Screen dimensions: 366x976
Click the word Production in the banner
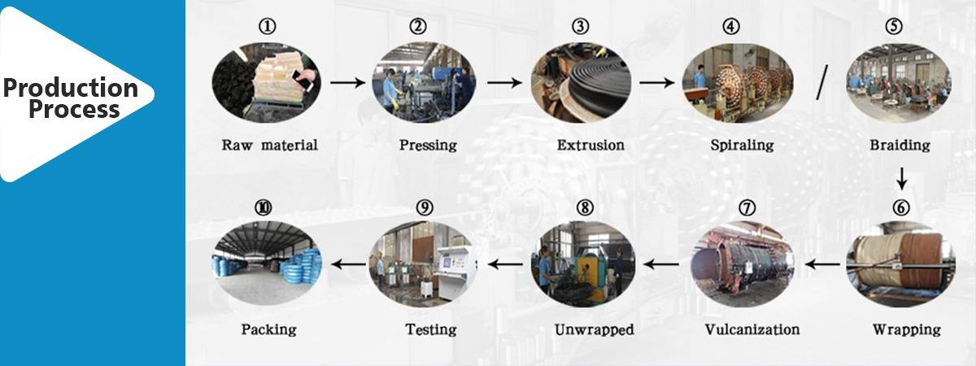(x=70, y=87)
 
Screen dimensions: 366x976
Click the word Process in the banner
(x=74, y=109)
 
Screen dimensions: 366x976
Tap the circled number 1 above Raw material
(x=268, y=27)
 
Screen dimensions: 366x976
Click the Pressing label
(x=428, y=146)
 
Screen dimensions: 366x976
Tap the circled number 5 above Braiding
(x=894, y=27)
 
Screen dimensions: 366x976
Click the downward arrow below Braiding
(x=900, y=177)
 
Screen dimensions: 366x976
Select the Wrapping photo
(x=900, y=264)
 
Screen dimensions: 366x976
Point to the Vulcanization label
(x=752, y=329)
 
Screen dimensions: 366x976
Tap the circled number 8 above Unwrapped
(x=584, y=207)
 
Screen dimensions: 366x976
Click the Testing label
(x=430, y=329)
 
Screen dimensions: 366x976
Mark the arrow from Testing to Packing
(x=351, y=264)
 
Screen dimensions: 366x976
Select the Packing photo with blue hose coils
(x=267, y=264)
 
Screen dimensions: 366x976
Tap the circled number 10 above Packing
(x=263, y=207)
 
